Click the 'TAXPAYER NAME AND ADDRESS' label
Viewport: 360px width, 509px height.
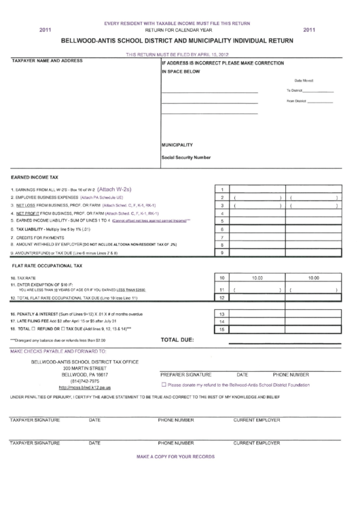[47, 61]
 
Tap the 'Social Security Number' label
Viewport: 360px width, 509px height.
[185, 157]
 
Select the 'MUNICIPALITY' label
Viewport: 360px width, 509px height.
[177, 145]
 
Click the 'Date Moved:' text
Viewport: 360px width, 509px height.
[304, 80]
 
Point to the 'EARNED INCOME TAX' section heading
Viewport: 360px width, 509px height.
[34, 175]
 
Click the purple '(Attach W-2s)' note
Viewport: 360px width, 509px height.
[119, 190]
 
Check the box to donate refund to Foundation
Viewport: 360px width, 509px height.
[164, 385]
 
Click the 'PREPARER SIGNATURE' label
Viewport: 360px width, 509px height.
[185, 374]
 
